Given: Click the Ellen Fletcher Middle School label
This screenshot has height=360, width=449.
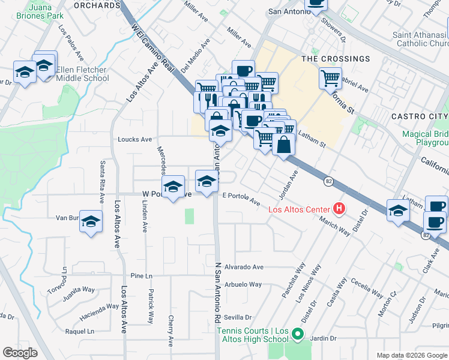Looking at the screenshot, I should [x=82, y=74].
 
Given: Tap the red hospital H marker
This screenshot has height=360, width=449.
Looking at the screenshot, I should [x=339, y=209].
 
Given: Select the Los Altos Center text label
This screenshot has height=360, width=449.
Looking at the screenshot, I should [x=299, y=209].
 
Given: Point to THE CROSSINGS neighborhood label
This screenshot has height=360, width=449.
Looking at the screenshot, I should [x=336, y=59].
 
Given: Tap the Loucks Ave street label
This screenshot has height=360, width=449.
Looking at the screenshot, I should [x=134, y=139].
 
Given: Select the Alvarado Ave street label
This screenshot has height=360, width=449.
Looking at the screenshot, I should [x=244, y=267].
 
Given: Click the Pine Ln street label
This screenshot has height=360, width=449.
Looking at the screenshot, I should [x=137, y=275].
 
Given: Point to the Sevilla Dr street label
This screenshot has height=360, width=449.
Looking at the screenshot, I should [x=237, y=317].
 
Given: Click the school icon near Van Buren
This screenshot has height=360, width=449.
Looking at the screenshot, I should [x=91, y=223].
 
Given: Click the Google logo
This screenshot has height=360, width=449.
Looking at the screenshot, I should [x=20, y=353].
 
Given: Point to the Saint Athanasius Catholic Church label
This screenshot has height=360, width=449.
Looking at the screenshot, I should [x=421, y=39].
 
